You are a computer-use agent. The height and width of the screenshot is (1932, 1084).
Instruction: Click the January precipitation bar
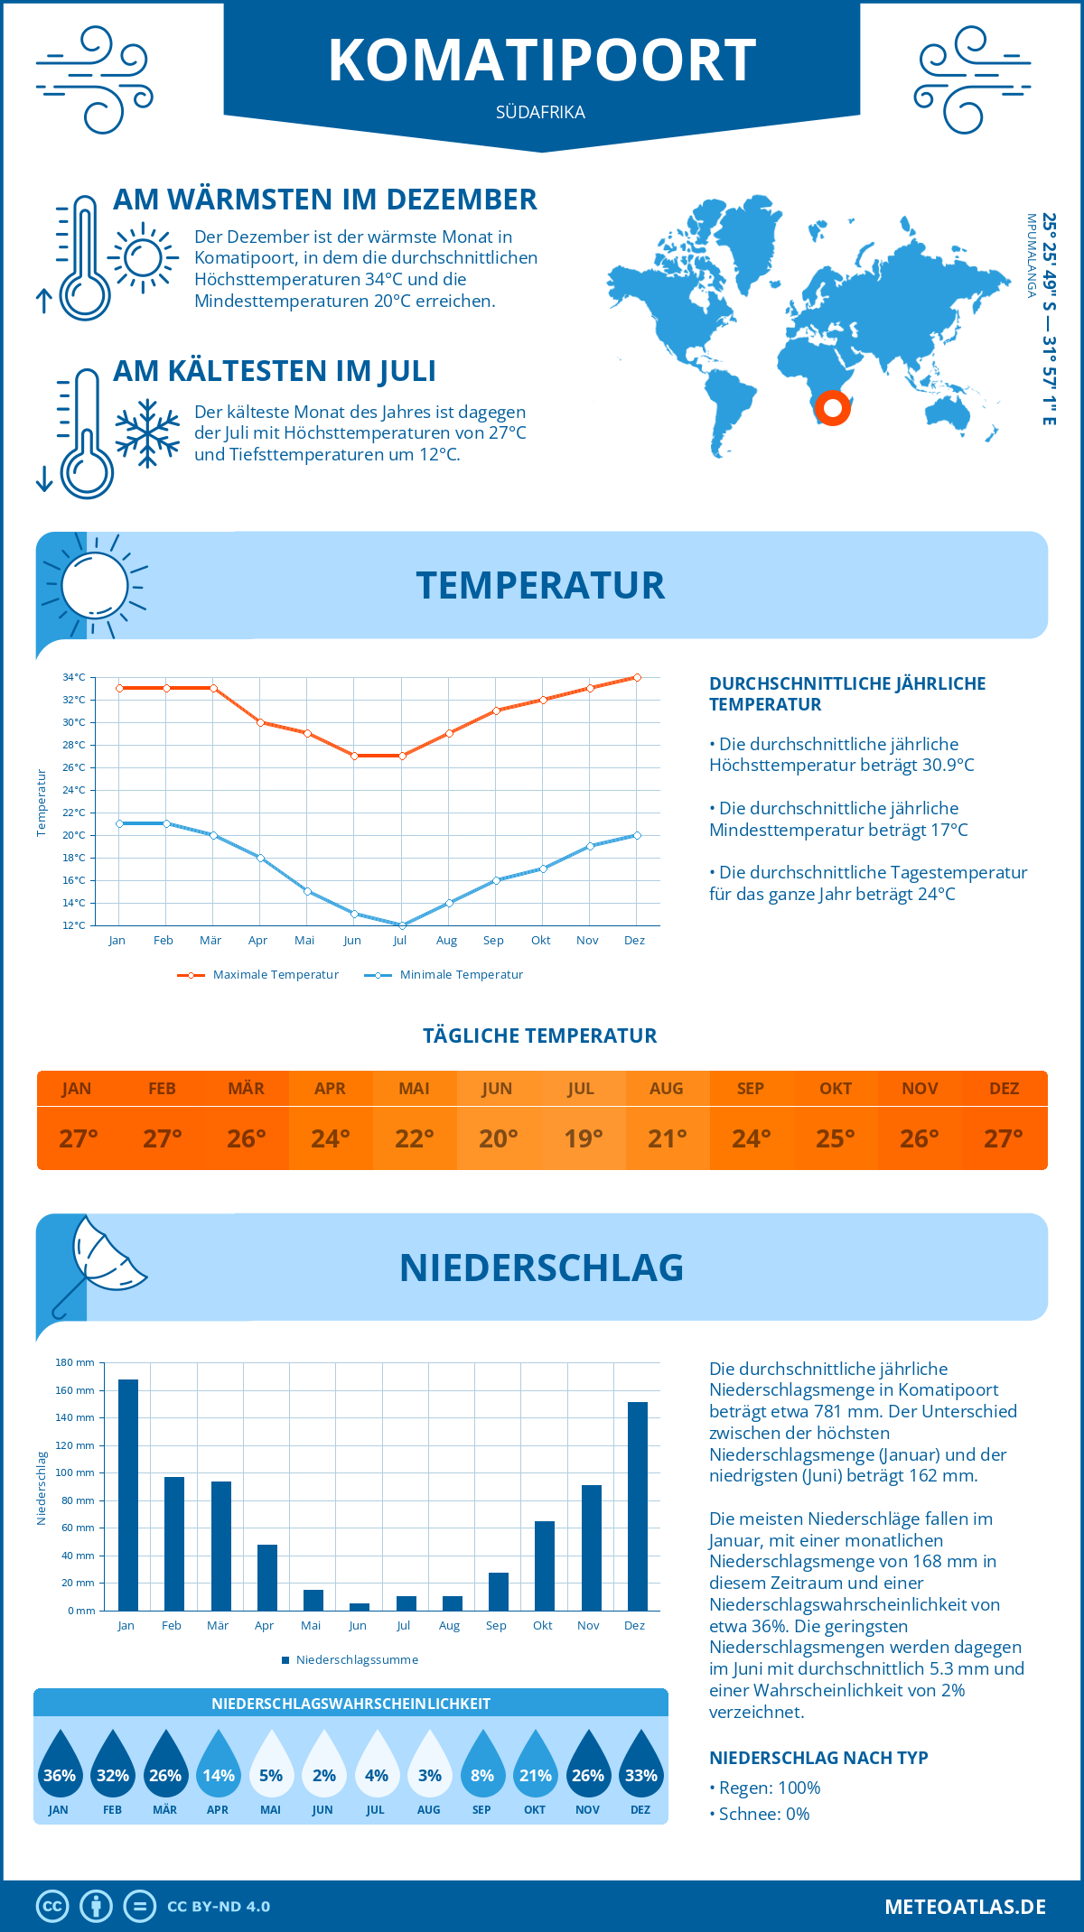[x=128, y=1495]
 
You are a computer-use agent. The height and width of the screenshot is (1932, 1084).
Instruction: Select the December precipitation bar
[x=638, y=1506]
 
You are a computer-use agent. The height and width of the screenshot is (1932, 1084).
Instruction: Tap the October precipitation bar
[x=545, y=1565]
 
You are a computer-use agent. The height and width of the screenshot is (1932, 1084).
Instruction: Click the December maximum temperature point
[x=637, y=677]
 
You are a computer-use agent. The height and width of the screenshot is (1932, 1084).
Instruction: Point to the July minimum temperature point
[x=402, y=925]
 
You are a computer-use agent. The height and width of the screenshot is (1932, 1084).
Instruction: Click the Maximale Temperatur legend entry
[x=258, y=975]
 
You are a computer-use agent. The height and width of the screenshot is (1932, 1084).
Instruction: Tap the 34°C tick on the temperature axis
[x=74, y=677]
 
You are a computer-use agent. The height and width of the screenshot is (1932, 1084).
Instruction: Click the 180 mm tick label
[x=75, y=1362]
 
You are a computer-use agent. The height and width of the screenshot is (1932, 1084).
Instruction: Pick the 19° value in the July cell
[x=583, y=1138]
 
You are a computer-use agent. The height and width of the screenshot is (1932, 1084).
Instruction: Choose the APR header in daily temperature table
[x=331, y=1089]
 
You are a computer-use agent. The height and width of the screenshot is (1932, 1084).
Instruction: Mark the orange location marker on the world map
[x=833, y=408]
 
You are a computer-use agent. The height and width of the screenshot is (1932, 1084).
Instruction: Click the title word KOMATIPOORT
[x=542, y=60]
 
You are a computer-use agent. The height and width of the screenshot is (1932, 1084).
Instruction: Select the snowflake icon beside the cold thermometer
[x=147, y=433]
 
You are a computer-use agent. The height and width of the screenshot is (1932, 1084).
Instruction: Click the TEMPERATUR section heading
[x=540, y=585]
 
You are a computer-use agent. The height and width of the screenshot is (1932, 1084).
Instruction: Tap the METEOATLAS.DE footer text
[x=965, y=1907]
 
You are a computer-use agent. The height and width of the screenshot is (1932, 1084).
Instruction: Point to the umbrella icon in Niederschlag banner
[x=99, y=1262]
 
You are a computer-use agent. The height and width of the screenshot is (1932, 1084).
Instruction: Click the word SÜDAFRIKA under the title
[x=540, y=112]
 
